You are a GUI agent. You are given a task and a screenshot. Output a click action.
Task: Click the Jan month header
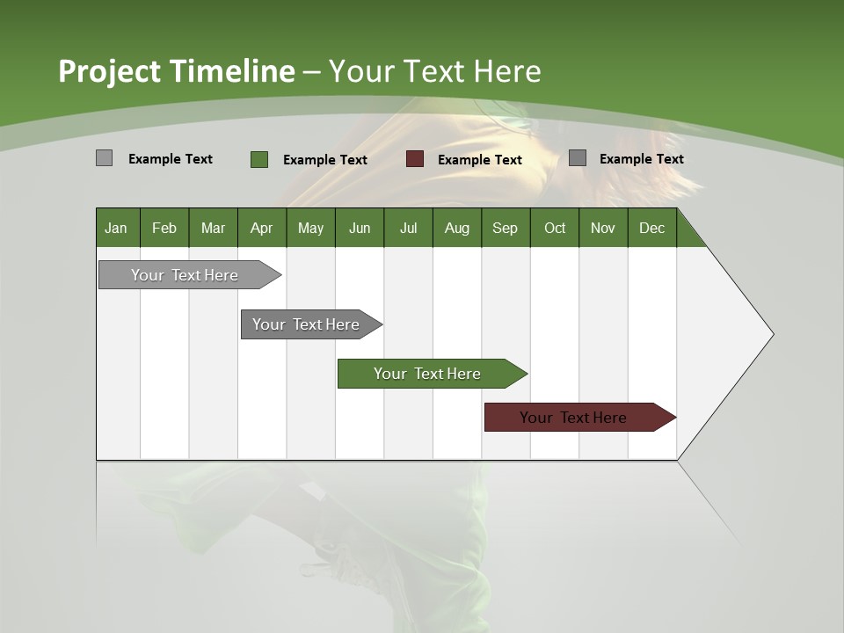point(116,228)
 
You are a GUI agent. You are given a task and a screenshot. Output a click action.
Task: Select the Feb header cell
point(164,228)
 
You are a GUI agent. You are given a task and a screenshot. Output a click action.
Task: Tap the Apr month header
point(261,228)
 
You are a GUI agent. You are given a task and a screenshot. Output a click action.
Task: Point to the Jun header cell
point(360,228)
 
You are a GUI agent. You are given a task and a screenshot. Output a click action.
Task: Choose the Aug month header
point(456,228)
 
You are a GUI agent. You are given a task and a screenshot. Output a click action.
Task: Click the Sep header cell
point(505,228)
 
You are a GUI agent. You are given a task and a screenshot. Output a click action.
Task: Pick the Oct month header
point(555,228)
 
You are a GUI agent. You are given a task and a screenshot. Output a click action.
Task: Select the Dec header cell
point(651,228)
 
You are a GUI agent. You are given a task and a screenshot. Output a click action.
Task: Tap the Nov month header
point(603,228)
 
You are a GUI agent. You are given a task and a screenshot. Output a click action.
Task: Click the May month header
point(310,228)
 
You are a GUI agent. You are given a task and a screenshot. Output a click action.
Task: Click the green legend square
point(259,159)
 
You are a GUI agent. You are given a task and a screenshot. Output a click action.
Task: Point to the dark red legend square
point(415,159)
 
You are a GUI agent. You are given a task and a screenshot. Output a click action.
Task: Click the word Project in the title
point(110,71)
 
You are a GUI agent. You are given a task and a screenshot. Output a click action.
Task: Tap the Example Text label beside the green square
point(325,160)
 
